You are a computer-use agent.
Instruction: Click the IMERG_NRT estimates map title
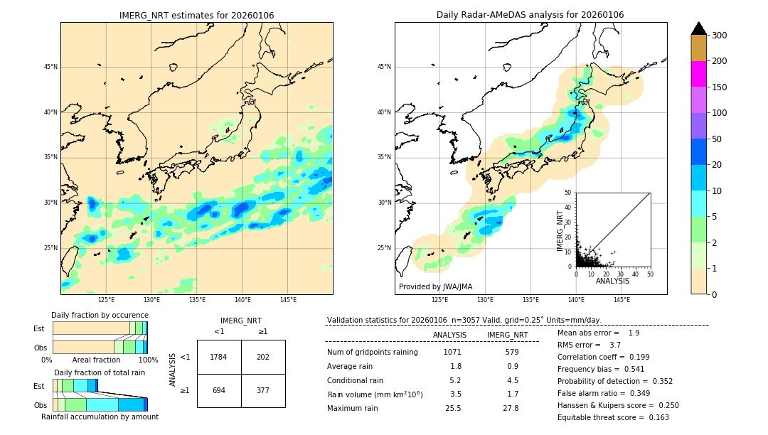pos(196,15)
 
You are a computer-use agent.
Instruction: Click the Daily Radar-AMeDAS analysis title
pos(530,15)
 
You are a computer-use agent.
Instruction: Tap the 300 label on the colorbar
pos(720,36)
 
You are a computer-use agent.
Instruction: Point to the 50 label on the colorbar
pos(717,139)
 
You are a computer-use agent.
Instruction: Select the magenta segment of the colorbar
pos(698,74)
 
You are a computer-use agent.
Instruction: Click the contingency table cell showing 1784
pos(219,357)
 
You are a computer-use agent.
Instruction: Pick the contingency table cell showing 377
pos(263,390)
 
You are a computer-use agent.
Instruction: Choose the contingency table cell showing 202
pos(263,357)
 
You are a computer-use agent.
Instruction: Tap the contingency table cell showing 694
pos(219,390)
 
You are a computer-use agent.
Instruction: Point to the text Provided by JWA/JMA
pos(435,287)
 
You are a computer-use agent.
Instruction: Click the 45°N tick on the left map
pos(50,67)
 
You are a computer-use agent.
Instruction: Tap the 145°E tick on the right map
pos(622,300)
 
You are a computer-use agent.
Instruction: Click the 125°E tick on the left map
pos(106,300)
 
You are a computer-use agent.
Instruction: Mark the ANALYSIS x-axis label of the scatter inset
pos(612,281)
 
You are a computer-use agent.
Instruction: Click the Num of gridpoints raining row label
pos(373,352)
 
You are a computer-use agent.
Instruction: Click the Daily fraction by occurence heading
pos(100,315)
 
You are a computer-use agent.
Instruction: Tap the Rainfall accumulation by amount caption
pos(100,417)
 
